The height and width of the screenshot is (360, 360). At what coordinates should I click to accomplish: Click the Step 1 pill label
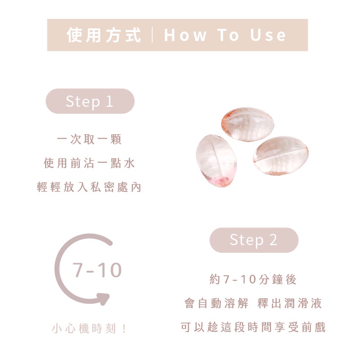90,101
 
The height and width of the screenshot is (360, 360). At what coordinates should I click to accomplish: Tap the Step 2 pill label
254,240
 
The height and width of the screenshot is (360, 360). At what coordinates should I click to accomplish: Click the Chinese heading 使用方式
104,35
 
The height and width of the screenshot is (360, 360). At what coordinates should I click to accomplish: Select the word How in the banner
185,35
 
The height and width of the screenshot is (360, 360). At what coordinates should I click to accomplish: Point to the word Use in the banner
268,35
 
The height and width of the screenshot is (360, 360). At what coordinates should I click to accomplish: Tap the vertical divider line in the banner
152,35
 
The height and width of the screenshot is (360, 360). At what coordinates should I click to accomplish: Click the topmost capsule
248,124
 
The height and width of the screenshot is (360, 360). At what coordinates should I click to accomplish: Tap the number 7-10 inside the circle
97,270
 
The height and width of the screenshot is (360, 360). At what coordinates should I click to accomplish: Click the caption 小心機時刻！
89,328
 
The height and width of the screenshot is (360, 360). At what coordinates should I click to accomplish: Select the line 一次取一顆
89,139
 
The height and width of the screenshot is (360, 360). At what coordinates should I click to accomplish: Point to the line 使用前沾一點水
89,163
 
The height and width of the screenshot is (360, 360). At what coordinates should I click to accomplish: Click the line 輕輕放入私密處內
89,187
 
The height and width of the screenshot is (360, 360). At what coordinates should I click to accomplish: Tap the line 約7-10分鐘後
253,279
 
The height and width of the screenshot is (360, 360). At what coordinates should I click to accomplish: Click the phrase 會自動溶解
216,303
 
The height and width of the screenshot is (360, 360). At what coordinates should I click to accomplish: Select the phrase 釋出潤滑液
290,303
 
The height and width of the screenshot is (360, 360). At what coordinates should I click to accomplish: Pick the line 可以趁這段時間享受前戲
253,327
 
